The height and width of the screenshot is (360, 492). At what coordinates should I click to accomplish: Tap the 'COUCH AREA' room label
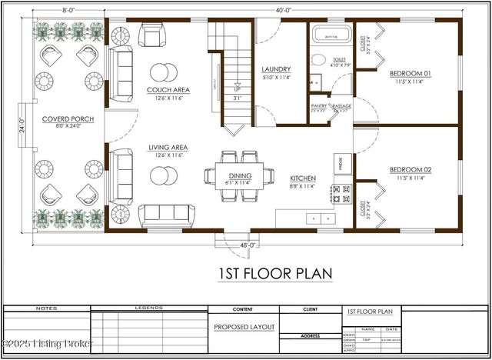[168, 90]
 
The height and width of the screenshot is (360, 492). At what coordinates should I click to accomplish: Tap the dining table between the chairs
[240, 176]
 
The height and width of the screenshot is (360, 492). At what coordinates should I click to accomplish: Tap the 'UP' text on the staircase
[237, 89]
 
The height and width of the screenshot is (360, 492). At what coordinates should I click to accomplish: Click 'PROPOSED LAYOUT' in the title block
[244, 327]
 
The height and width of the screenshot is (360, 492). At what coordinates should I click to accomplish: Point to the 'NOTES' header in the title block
[47, 308]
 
